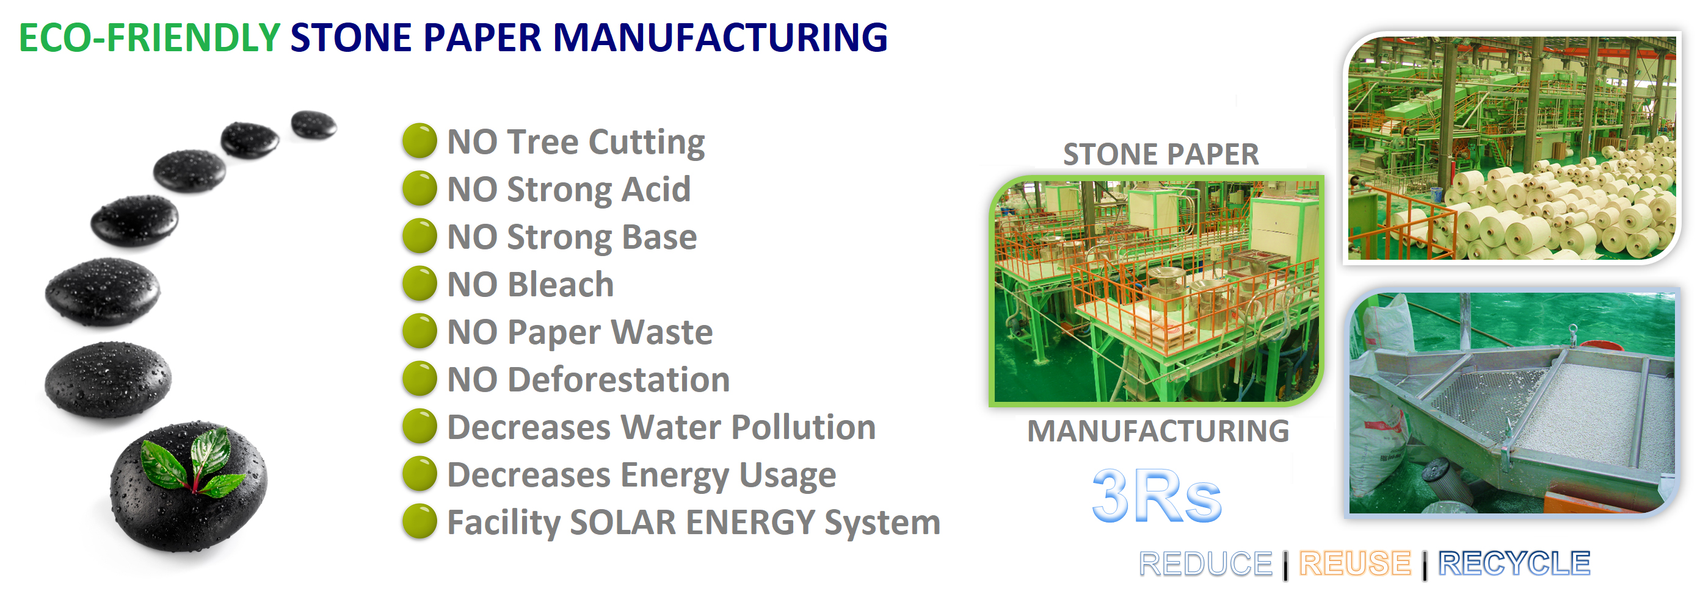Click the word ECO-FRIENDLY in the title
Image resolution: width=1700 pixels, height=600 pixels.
tap(150, 38)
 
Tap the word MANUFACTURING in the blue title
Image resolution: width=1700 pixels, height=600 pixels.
tap(720, 38)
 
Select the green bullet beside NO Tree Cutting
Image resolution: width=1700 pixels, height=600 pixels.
tap(420, 140)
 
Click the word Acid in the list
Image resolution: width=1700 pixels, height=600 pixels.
tap(656, 189)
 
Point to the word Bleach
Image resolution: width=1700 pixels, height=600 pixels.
tap(562, 285)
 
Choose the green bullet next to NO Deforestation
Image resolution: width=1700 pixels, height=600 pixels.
tap(420, 379)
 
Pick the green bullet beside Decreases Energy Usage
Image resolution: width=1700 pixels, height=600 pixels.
tap(420, 473)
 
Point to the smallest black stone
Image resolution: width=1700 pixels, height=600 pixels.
tap(314, 124)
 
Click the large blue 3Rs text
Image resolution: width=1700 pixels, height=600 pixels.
tap(1157, 496)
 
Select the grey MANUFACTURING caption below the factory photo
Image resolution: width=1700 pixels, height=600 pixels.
tap(1158, 431)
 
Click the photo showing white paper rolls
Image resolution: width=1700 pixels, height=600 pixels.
tap(1512, 148)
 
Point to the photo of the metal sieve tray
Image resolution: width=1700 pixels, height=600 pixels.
tap(1512, 403)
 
